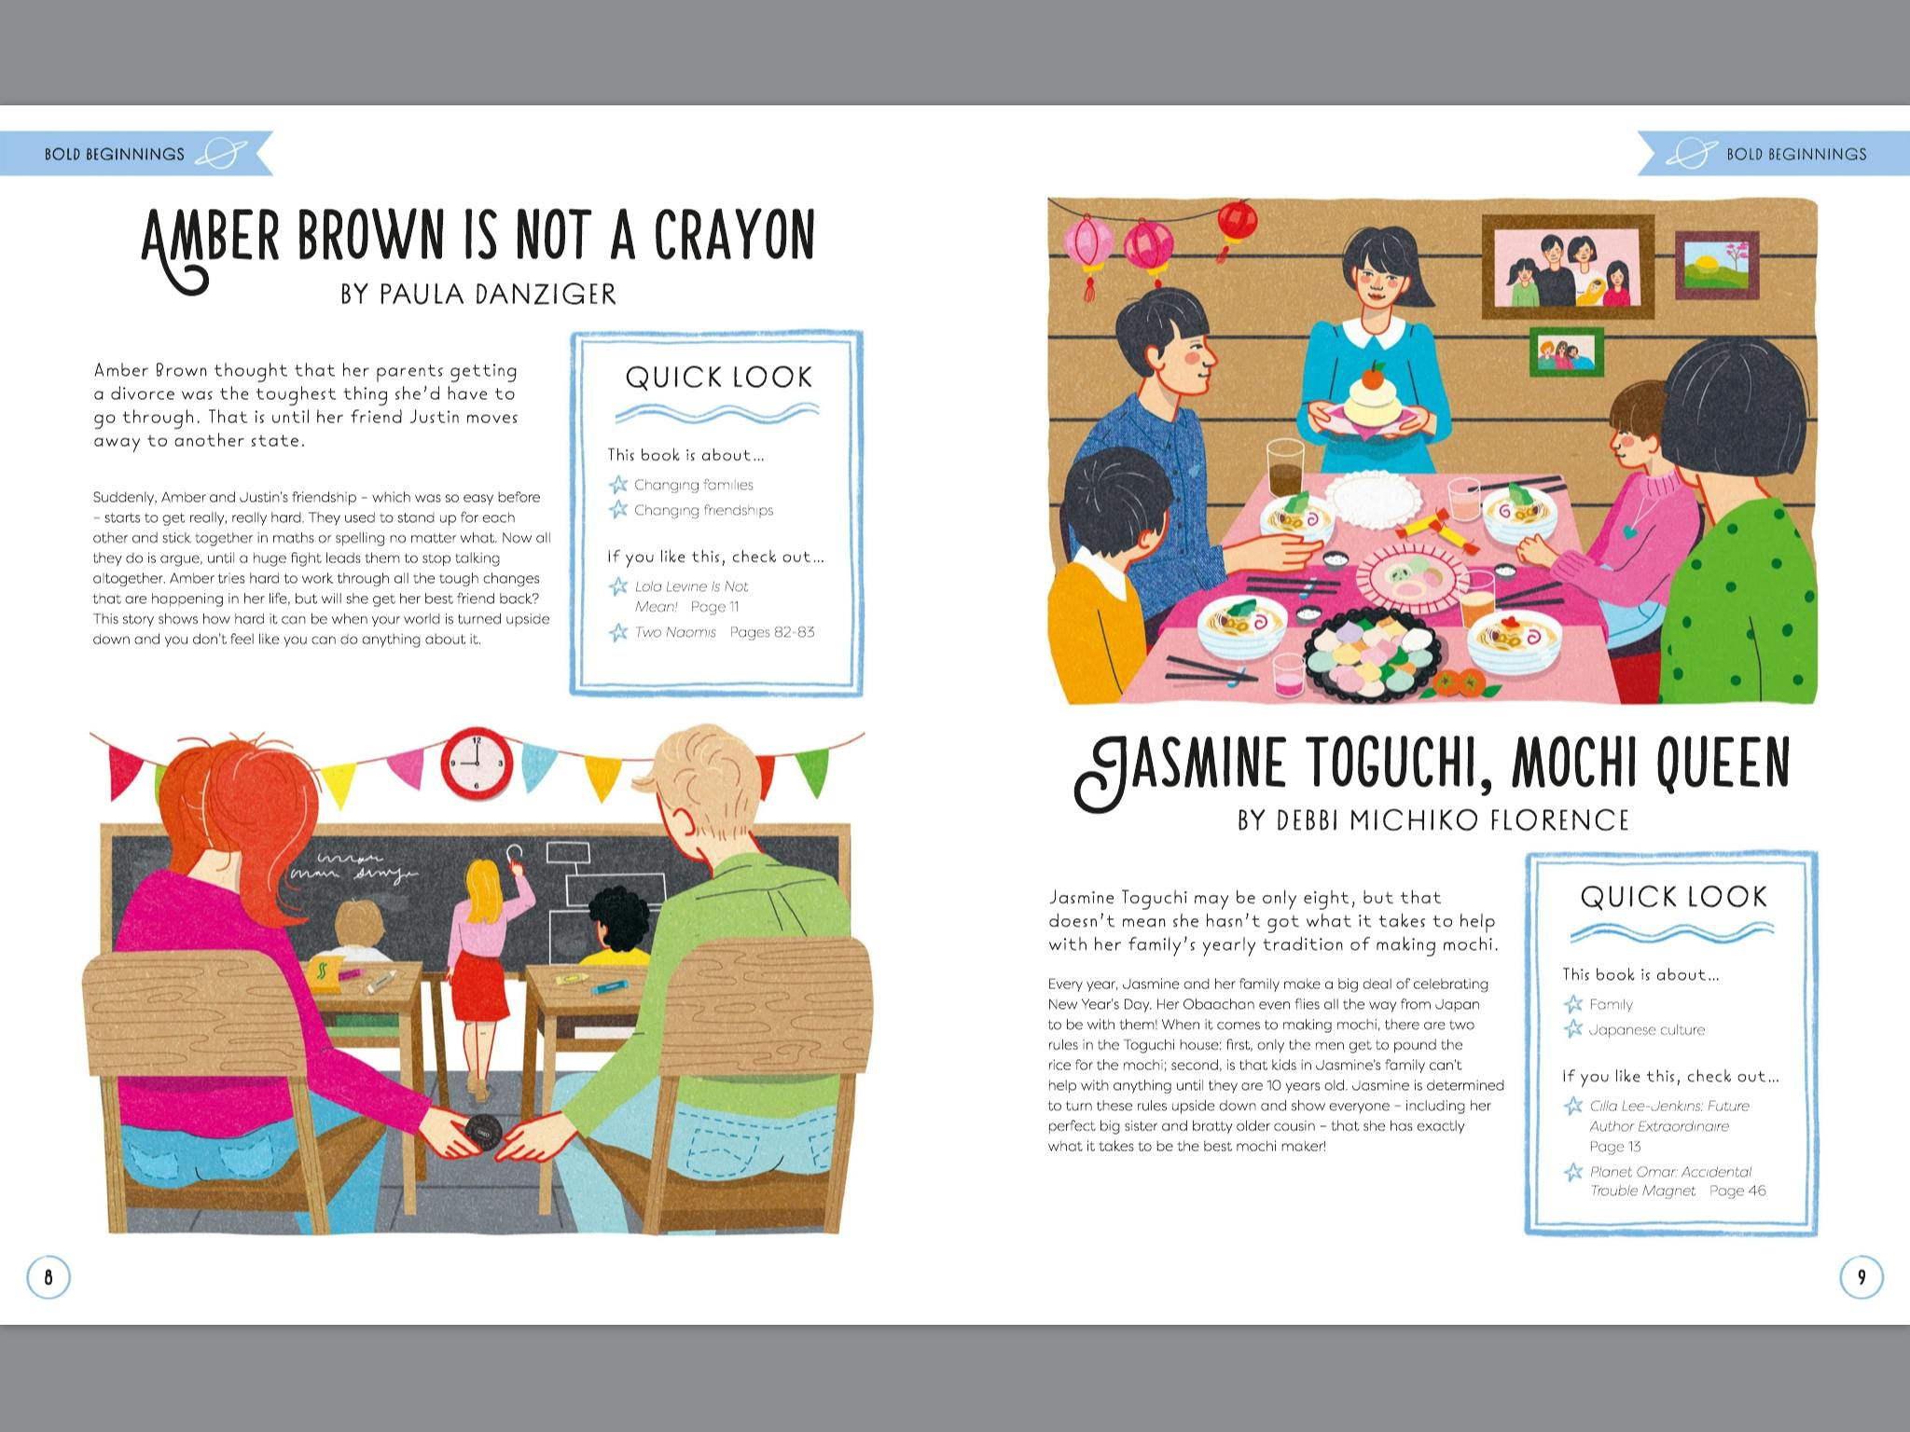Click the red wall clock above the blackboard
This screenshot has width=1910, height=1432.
tap(476, 764)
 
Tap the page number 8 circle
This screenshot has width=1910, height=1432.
tap(48, 1277)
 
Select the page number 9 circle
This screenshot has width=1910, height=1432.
tap(1862, 1277)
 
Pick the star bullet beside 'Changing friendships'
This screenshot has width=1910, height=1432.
tap(618, 510)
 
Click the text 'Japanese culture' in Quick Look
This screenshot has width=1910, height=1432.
tap(1647, 1030)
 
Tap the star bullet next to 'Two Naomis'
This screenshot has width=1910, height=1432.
tap(618, 632)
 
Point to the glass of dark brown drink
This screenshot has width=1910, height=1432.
tap(1285, 467)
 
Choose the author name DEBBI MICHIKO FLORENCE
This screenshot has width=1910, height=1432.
tap(1433, 820)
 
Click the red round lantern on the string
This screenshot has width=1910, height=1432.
tap(1238, 219)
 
